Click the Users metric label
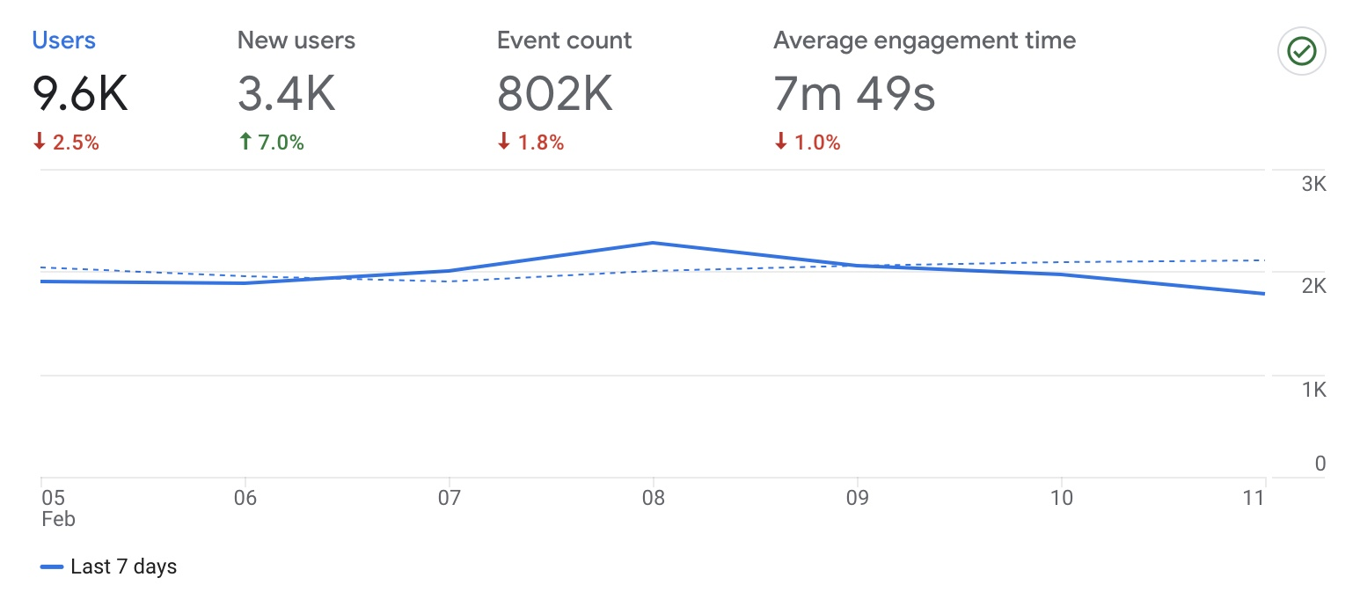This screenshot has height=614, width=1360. tap(63, 40)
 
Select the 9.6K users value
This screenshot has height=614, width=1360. tap(80, 93)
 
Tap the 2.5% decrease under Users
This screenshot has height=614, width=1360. tap(66, 143)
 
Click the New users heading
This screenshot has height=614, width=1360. tap(296, 40)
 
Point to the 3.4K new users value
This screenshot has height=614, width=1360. tap(286, 93)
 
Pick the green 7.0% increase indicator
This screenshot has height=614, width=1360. tap(271, 143)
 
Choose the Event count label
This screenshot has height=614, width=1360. tap(564, 40)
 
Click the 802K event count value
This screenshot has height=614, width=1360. tap(554, 93)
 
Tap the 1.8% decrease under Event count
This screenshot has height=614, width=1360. tap(530, 143)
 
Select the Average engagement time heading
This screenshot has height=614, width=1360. tap(924, 40)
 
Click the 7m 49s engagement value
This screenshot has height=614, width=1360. tap(853, 93)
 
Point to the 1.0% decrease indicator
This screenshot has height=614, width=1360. tap(807, 143)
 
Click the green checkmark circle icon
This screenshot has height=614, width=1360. tap(1301, 52)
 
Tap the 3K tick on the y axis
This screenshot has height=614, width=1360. tap(1313, 185)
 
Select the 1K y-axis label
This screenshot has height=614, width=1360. tap(1313, 390)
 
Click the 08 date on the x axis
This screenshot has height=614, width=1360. tap(653, 498)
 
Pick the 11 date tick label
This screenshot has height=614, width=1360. tap(1254, 498)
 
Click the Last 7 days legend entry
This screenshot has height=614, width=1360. tap(109, 567)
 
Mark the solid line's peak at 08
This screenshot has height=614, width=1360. tap(653, 243)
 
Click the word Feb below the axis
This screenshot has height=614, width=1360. tap(58, 519)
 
